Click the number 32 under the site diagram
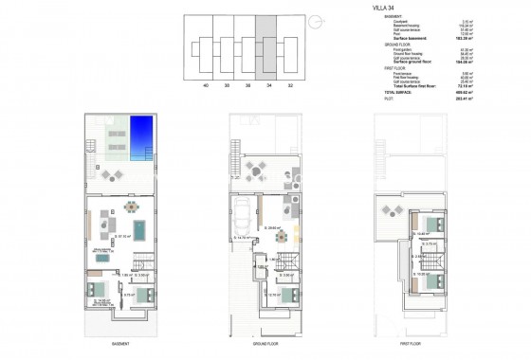click(x=290, y=86)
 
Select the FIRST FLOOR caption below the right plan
click(x=410, y=342)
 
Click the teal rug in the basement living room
click(x=140, y=229)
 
